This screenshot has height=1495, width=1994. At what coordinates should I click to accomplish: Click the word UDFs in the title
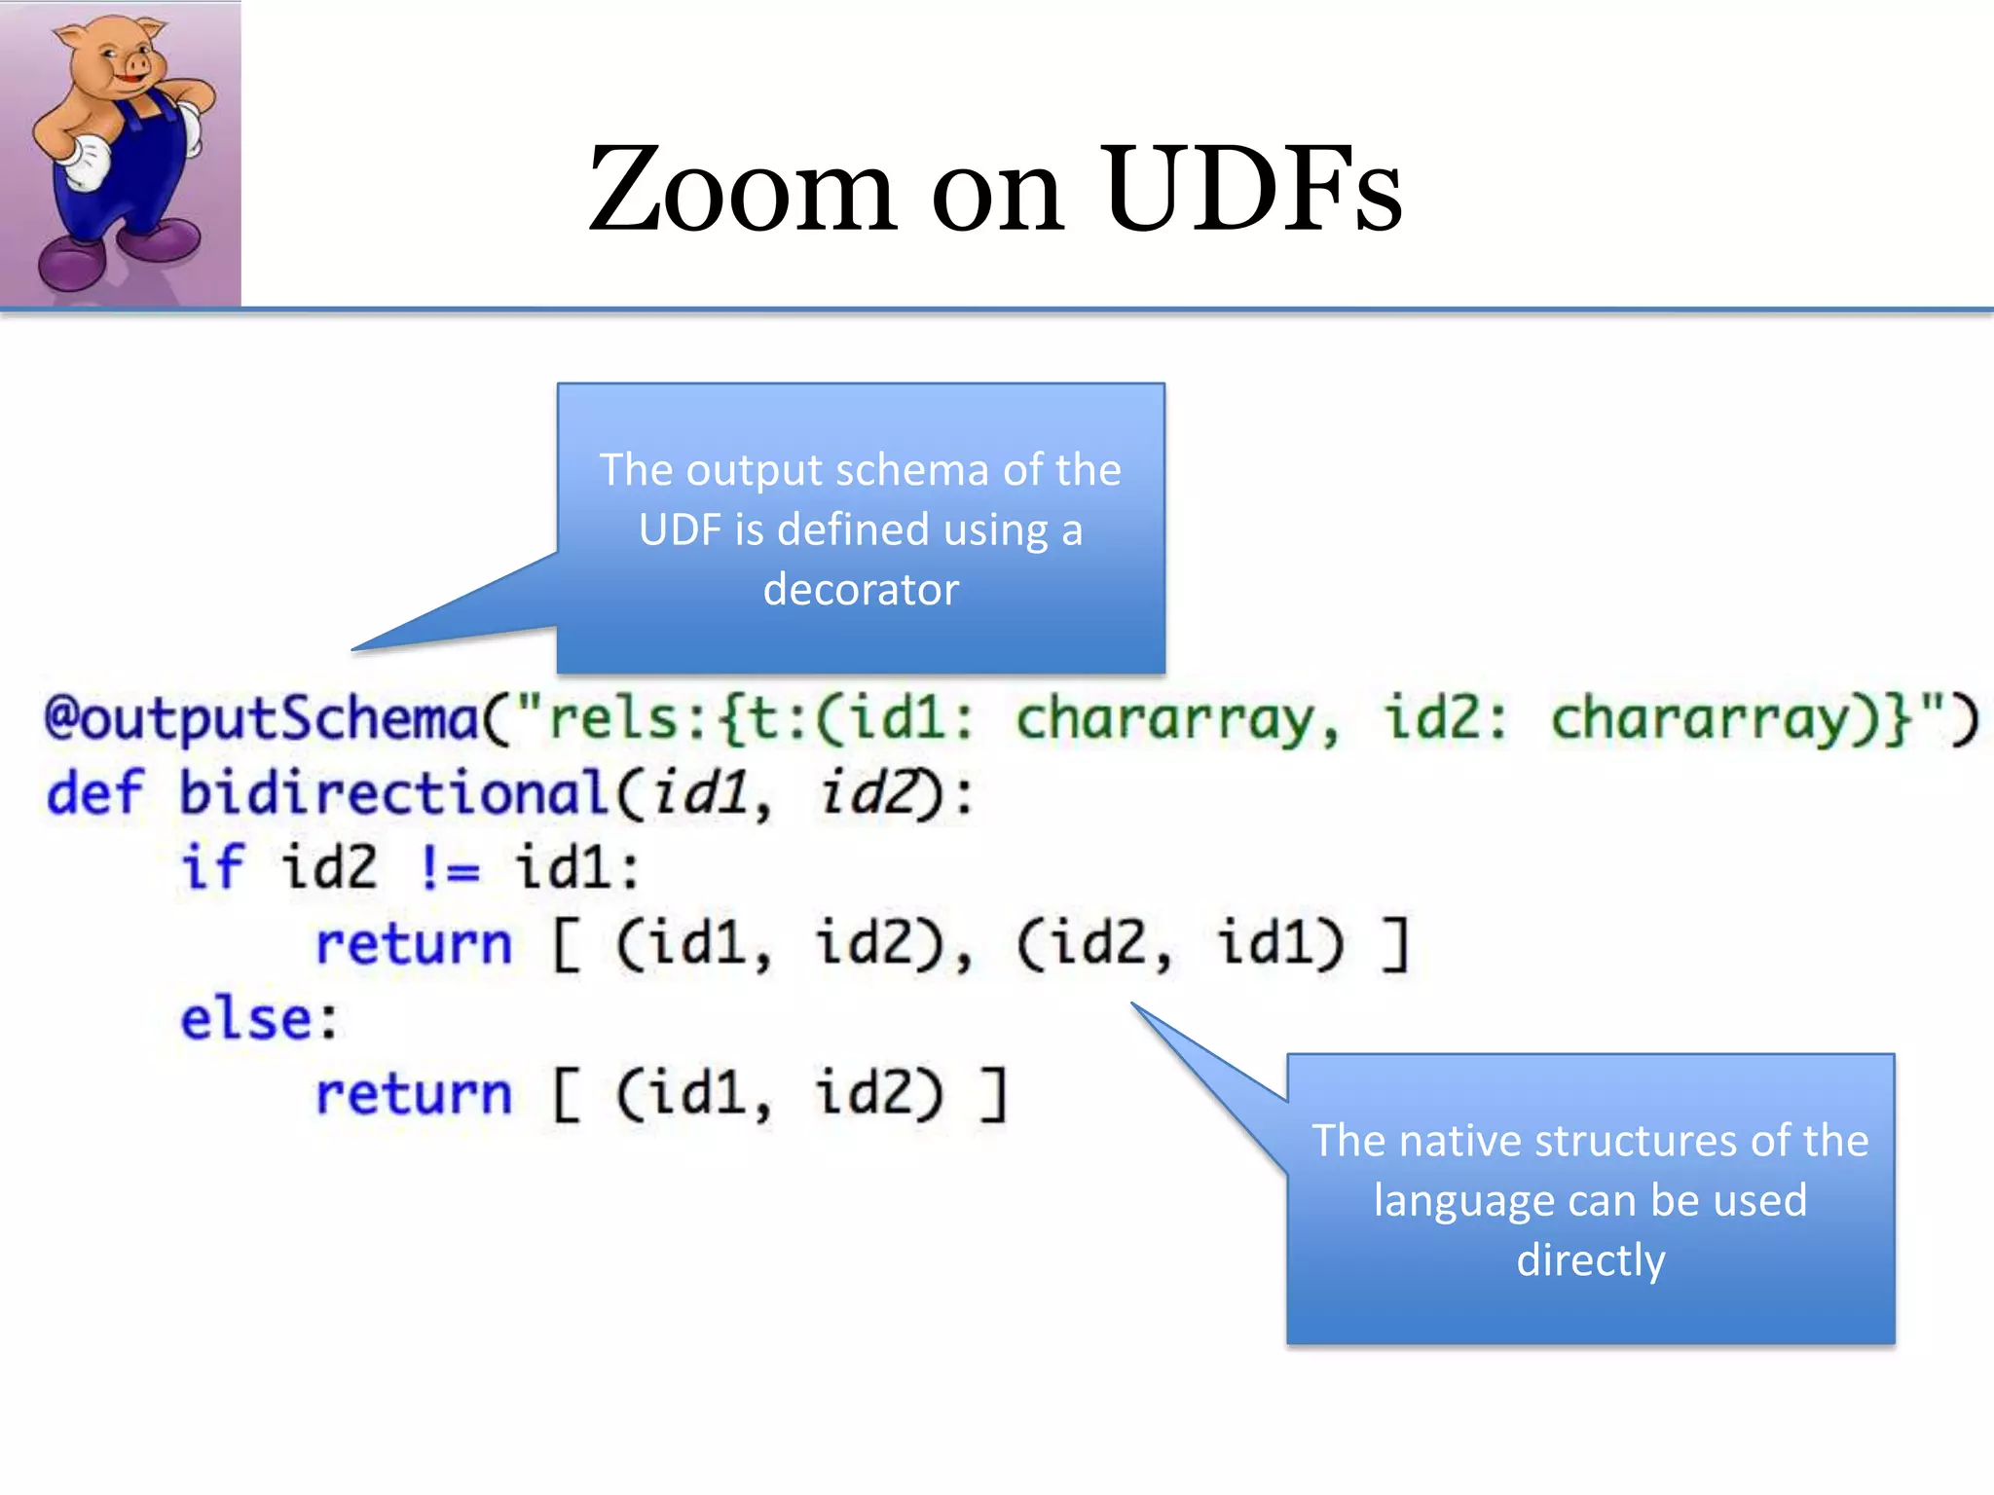tap(1253, 190)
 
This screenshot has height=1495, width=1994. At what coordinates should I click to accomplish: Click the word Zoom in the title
tap(741, 190)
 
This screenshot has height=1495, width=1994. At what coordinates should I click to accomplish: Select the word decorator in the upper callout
tap(861, 590)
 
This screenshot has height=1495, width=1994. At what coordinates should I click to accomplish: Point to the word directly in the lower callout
tap(1590, 1260)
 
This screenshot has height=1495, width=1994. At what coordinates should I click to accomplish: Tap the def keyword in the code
tap(94, 793)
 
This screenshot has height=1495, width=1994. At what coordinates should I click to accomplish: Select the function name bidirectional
tap(394, 793)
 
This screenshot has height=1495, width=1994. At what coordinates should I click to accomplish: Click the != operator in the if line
tap(449, 867)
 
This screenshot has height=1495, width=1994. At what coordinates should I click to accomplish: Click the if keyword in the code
tap(211, 867)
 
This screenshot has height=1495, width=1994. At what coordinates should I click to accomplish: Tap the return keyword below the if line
tap(414, 943)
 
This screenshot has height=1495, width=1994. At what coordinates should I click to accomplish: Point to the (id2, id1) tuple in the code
tap(1180, 943)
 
